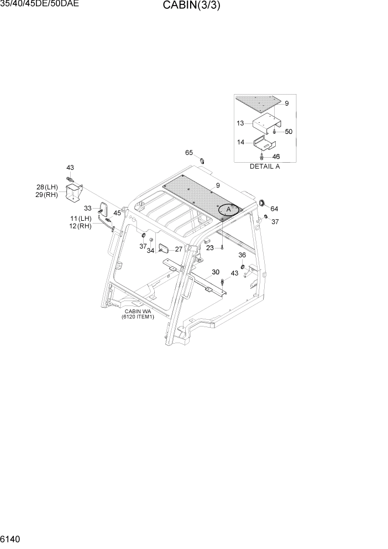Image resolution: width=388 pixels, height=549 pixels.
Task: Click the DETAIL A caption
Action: click(265, 166)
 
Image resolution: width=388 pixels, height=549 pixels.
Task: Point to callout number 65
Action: click(189, 153)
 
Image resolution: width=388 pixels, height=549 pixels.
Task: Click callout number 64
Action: click(275, 209)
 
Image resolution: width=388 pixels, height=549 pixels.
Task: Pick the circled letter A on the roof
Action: click(228, 210)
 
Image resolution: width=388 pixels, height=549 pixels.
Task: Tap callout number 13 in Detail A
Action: click(240, 123)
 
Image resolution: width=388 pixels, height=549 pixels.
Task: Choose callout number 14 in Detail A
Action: click(240, 142)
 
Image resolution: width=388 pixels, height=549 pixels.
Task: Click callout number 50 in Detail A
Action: click(289, 132)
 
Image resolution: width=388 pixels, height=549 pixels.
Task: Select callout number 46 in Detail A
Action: click(276, 157)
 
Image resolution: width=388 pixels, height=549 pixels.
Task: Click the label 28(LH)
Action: click(48, 188)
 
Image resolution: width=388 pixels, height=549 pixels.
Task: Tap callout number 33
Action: click(88, 208)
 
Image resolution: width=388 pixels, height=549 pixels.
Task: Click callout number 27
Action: click(179, 250)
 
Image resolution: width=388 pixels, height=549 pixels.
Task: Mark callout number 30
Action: click(216, 272)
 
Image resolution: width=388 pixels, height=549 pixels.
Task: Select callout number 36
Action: click(242, 255)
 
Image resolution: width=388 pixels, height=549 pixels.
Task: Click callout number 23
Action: click(210, 248)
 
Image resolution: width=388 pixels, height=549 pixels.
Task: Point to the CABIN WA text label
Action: click(138, 312)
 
